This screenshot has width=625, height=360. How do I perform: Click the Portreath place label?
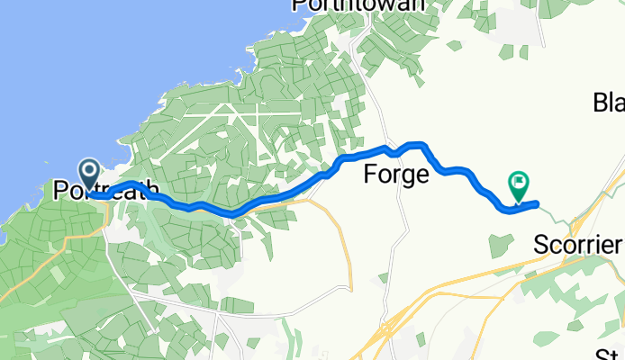(x=106, y=191)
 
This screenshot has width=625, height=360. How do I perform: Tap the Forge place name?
(x=395, y=175)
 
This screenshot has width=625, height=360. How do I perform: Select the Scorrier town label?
(x=577, y=244)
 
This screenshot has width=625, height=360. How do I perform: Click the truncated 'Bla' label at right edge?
(x=609, y=103)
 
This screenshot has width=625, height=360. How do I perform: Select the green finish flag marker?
(x=520, y=186)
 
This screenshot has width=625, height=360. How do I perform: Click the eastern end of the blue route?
(x=537, y=204)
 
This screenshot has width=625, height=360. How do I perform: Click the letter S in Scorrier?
(x=541, y=244)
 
